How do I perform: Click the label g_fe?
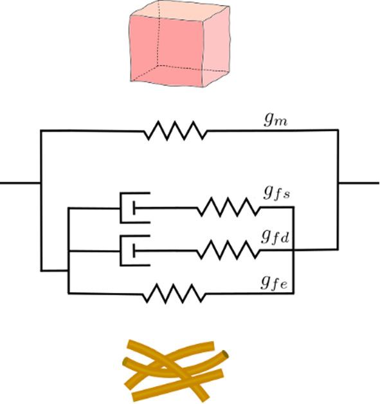[275, 283]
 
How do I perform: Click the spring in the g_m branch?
[175, 132]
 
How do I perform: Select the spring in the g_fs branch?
[228, 207]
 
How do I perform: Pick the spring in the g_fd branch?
[228, 250]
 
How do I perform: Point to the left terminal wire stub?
[19, 182]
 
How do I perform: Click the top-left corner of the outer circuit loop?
[41, 131]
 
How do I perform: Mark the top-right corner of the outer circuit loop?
[338, 131]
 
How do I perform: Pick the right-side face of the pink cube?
[217, 45]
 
